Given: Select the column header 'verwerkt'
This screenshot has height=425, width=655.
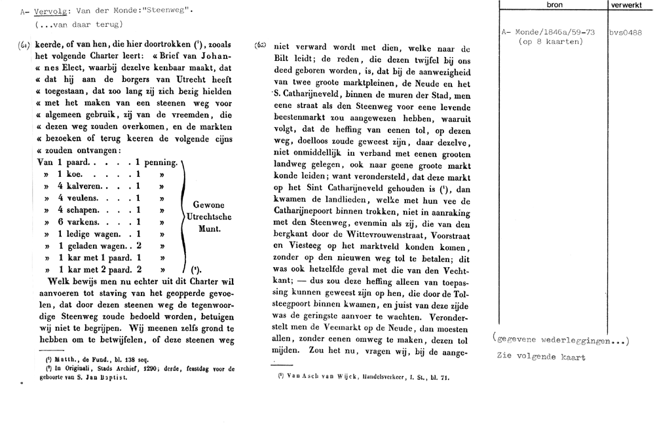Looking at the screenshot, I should (x=626, y=5).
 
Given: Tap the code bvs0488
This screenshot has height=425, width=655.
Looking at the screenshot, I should (x=625, y=31).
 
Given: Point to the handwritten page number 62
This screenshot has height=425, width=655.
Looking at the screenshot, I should (x=259, y=46).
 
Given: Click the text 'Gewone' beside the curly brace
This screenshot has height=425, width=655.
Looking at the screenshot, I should (x=208, y=204).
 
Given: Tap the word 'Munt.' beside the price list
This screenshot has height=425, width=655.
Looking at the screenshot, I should (x=208, y=231).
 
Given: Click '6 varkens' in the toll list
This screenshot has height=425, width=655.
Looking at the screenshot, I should (x=78, y=222).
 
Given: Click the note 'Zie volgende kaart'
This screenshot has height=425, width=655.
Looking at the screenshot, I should (x=541, y=357).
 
